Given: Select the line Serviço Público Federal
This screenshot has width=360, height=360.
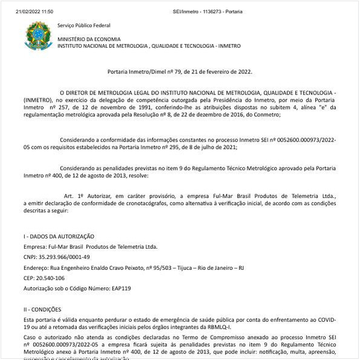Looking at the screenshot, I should pyautogui.click(x=83, y=25).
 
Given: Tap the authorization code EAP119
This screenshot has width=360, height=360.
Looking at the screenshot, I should pyautogui.click(x=120, y=288).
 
